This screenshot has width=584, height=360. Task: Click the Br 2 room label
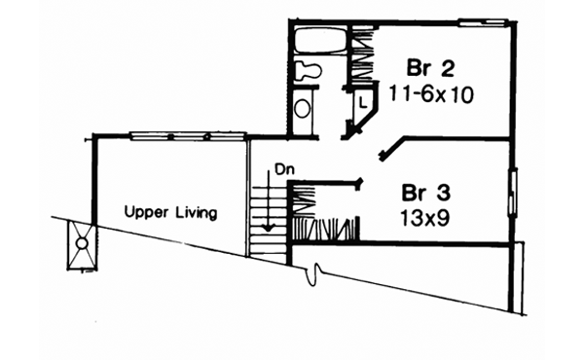[x=430, y=68]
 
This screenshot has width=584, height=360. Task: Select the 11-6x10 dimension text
[x=431, y=95]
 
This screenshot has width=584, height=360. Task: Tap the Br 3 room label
[x=426, y=194]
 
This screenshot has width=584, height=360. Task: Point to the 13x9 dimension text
[x=425, y=218]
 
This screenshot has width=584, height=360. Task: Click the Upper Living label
[x=170, y=213]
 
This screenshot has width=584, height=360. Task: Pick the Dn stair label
[x=285, y=169]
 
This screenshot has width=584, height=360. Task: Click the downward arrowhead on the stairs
[x=268, y=228]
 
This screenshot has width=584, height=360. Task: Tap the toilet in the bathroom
[x=309, y=70]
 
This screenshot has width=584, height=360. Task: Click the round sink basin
[x=302, y=108]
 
